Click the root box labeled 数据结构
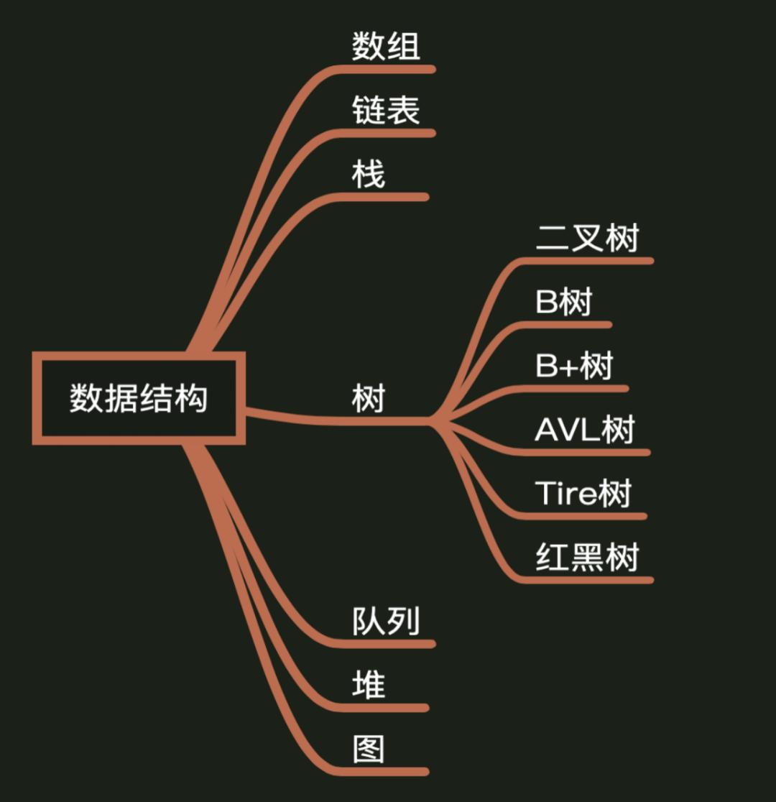tap(139, 397)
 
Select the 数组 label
tap(386, 47)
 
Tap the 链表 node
tap(386, 111)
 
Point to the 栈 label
tap(369, 175)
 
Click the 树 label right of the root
tap(369, 397)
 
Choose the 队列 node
tap(386, 621)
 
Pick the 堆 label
tap(369, 685)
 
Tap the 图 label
tap(369, 749)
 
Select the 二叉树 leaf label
tap(587, 238)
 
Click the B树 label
tap(563, 302)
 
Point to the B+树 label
tap(574, 366)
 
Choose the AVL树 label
tap(585, 430)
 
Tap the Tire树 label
tap(583, 494)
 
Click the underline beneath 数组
tap(388, 69)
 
